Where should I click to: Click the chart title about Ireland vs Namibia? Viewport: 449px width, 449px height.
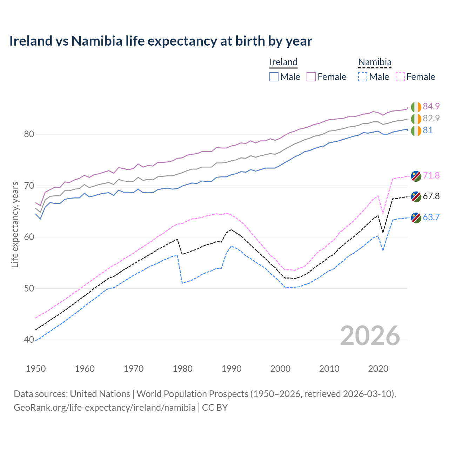tap(161, 41)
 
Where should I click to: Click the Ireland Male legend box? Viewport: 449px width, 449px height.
tap(274, 77)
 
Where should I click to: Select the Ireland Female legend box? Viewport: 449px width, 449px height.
tap(311, 77)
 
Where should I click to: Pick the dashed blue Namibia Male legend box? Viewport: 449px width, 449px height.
tap(363, 77)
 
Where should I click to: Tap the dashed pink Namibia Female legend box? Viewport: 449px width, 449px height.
tap(400, 77)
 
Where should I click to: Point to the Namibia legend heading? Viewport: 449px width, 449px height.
tap(375, 62)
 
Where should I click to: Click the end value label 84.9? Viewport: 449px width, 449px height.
tap(431, 106)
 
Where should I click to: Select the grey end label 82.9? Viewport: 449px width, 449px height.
tap(431, 118)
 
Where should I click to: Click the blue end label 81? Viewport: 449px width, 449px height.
tap(428, 130)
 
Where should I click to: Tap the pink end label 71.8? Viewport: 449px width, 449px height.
tap(431, 175)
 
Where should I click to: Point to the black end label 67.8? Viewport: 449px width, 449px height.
tap(431, 196)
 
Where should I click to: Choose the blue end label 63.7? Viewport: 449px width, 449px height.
tap(431, 217)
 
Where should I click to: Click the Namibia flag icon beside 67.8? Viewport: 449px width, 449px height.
tap(416, 197)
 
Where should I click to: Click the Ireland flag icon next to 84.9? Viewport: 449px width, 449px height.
tap(416, 107)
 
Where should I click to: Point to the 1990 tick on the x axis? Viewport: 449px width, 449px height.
tap(232, 369)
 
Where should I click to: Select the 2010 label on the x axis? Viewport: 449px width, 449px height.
tap(329, 369)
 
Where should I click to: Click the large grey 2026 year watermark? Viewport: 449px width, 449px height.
tap(370, 336)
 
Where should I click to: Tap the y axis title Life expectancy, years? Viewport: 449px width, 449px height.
tap(15, 224)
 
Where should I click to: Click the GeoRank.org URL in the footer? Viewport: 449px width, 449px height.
tap(105, 408)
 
